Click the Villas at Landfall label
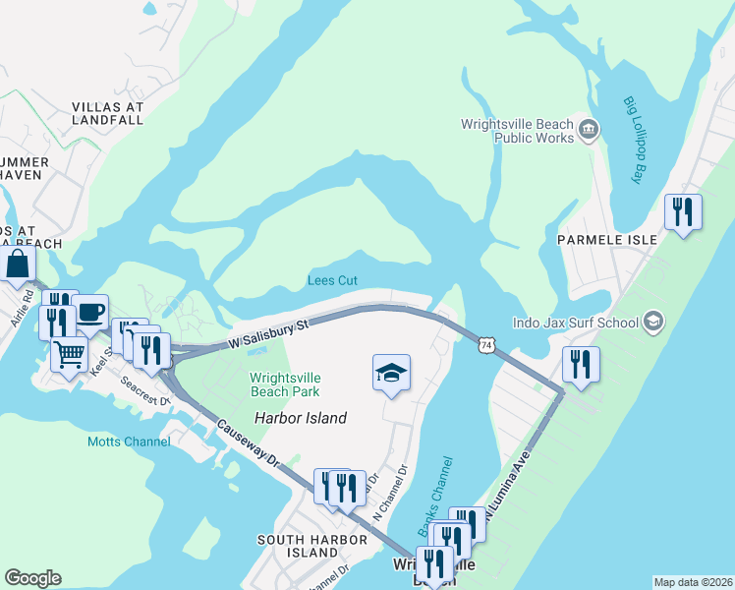(108, 112)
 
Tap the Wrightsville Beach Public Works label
(517, 131)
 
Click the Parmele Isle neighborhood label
(598, 239)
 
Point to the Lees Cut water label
(332, 280)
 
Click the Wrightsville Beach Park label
(285, 384)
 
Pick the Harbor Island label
(301, 418)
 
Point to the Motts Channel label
(128, 442)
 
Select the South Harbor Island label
(299, 546)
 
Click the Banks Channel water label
(439, 496)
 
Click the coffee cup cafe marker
(90, 312)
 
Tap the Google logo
(32, 578)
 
